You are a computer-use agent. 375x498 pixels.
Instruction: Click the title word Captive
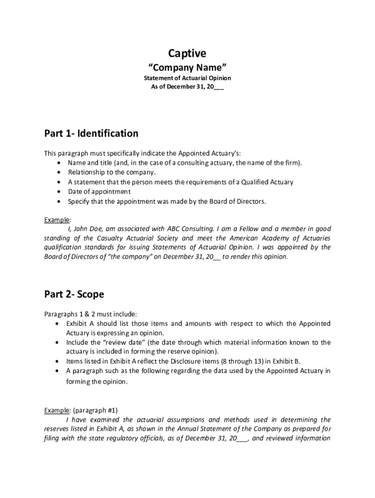[187, 53]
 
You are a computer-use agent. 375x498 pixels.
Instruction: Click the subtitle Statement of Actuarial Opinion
[187, 78]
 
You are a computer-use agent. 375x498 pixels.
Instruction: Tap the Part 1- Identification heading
[91, 133]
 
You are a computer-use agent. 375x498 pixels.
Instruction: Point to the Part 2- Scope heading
[74, 294]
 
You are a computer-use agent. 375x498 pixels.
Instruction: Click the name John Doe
[87, 229]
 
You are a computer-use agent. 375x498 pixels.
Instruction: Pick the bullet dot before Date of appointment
[59, 192]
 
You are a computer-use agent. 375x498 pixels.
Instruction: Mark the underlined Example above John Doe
[57, 219]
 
